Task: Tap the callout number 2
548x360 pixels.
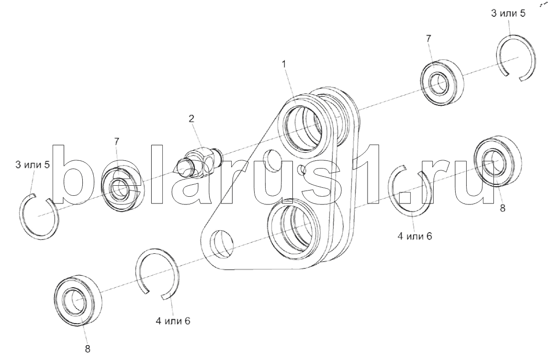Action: point(191,119)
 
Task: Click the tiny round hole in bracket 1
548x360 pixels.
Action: point(300,169)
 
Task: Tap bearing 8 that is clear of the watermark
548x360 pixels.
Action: point(78,301)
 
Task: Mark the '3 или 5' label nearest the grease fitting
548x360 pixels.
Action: point(33,165)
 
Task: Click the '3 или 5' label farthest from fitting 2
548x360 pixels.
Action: point(508,13)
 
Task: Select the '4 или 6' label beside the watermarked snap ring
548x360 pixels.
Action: point(415,236)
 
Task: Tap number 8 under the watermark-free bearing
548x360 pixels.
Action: point(88,349)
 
